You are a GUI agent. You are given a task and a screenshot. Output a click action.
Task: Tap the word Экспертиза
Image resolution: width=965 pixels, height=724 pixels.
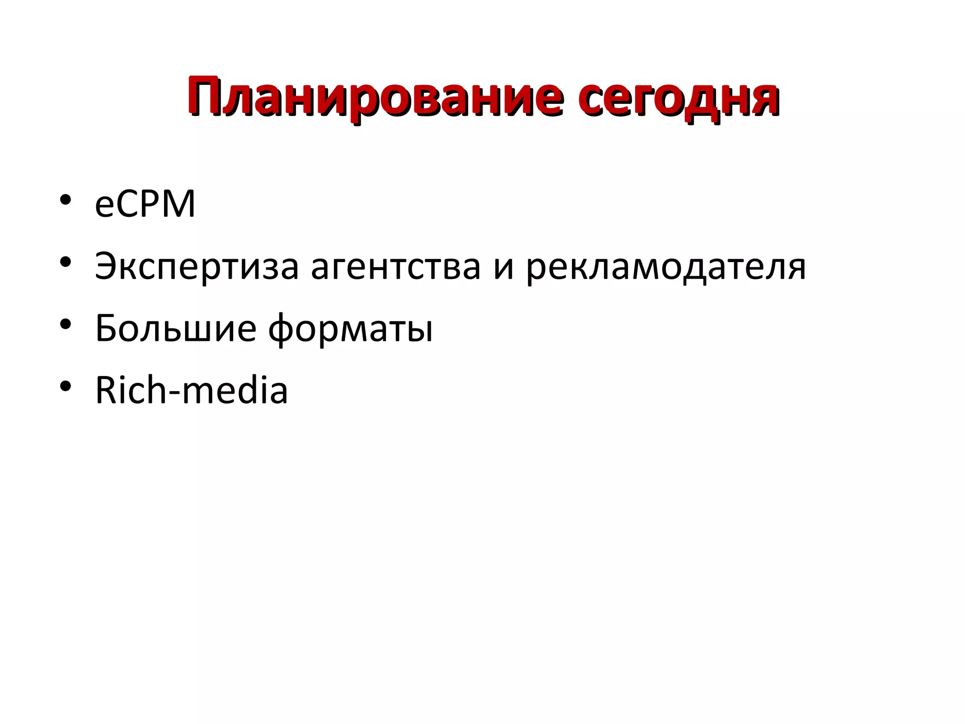197,267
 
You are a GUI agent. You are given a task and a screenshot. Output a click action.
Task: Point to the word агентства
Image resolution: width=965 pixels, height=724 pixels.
396,267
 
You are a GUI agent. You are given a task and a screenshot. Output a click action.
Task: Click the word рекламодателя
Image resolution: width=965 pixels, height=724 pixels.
666,267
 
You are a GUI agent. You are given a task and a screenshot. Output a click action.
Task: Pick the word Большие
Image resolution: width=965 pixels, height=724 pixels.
176,328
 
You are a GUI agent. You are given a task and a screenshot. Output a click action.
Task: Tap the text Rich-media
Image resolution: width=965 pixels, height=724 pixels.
191,390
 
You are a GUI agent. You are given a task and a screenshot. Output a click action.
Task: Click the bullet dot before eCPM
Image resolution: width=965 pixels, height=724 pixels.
65,199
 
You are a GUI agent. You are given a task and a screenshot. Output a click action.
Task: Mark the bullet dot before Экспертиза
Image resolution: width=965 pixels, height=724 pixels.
65,262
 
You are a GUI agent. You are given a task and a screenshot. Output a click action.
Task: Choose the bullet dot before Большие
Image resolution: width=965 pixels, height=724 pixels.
65,324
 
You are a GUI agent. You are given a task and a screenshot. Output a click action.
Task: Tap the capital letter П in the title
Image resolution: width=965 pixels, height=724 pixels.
208,96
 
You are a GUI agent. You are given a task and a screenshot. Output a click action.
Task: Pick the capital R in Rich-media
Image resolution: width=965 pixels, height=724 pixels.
106,390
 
